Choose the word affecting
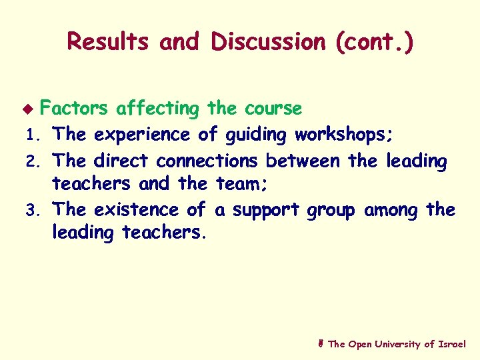[157, 108]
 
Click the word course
[273, 108]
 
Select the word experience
[143, 135]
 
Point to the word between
[303, 161]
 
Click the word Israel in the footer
[453, 344]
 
